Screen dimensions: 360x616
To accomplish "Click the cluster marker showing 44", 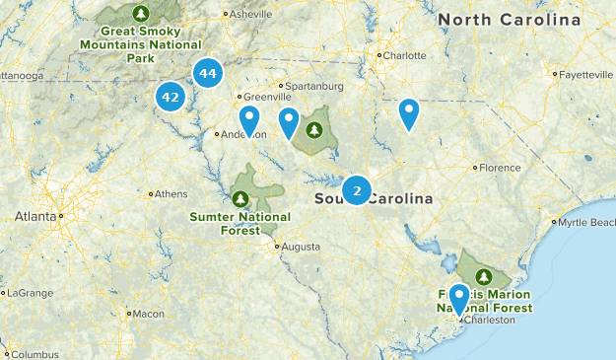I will coord(207,73).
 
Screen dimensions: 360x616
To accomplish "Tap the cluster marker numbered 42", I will coord(171,97).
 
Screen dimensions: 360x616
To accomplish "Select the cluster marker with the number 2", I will coord(357,189).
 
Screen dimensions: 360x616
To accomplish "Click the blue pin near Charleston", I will coord(458,298).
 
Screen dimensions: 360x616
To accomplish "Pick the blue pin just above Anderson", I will coord(249,119).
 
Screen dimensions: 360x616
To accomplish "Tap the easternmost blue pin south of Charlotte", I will coord(409,113).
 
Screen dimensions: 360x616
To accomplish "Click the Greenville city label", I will coord(268,98).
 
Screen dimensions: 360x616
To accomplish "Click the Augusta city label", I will coord(297,247).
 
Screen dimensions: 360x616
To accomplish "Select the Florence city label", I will coord(501,168).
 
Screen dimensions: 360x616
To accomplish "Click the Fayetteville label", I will coord(587,75).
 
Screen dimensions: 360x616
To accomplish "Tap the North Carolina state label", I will coord(509,20).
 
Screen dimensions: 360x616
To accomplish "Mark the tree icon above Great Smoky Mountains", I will coord(140,14).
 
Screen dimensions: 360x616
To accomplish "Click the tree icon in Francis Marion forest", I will coord(484,276).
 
